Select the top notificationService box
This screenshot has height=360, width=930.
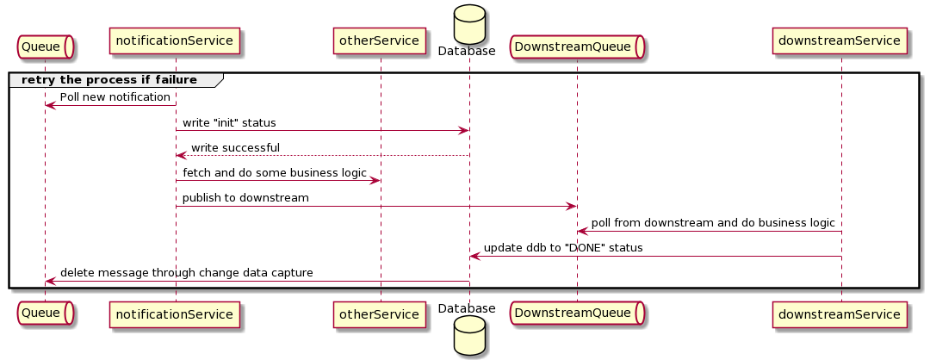click(x=175, y=40)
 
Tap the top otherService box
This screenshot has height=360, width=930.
click(x=380, y=40)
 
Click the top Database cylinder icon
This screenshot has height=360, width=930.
click(x=469, y=23)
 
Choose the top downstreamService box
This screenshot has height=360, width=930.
click(x=840, y=40)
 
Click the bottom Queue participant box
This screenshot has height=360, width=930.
click(x=45, y=314)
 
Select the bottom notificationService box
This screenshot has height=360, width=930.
click(x=175, y=314)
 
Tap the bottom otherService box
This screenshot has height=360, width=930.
click(x=380, y=314)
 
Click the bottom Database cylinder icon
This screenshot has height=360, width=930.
click(x=469, y=336)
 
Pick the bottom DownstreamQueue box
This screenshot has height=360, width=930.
click(x=577, y=314)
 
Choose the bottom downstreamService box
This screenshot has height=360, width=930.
click(x=840, y=314)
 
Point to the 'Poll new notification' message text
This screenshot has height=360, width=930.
click(x=115, y=97)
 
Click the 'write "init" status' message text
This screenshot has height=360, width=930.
click(x=229, y=123)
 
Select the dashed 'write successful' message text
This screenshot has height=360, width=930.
click(x=235, y=148)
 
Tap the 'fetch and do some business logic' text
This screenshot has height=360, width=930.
click(x=274, y=173)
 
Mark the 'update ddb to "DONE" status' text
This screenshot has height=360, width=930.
click(x=563, y=248)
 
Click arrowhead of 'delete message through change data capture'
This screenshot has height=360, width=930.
click(x=50, y=282)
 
